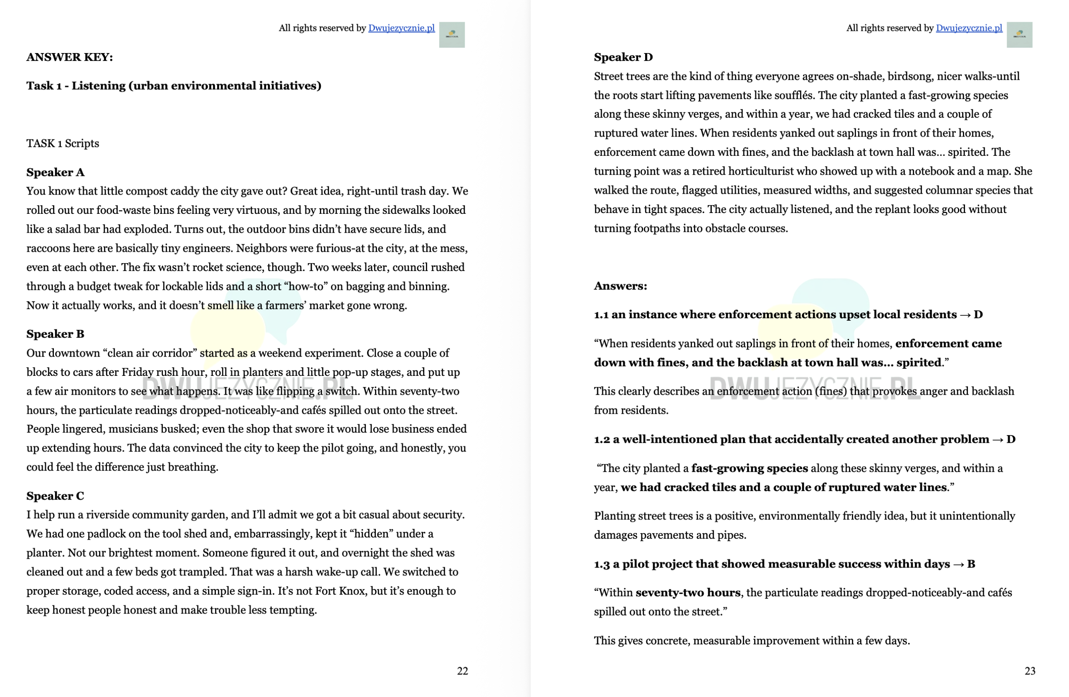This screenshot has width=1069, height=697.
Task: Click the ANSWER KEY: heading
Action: click(70, 57)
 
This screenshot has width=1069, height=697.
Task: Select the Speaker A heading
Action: click(55, 172)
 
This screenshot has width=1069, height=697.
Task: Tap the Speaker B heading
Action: click(55, 334)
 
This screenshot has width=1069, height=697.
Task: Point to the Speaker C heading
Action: click(55, 496)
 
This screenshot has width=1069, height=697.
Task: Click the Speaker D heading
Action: click(623, 57)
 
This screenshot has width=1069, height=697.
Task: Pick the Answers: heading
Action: click(620, 286)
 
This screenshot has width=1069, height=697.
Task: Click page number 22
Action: click(462, 671)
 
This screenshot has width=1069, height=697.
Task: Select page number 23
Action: click(1029, 671)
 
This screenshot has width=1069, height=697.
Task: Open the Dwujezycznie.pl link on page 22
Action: click(401, 28)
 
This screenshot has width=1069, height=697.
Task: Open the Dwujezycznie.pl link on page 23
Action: click(969, 28)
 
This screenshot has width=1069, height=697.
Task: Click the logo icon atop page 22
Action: click(451, 35)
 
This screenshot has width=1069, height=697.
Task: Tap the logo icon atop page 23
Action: click(1019, 35)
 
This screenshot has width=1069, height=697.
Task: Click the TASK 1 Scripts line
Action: click(63, 143)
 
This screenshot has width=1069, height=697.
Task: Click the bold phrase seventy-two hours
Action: click(688, 593)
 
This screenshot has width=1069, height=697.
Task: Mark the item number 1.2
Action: click(601, 439)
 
